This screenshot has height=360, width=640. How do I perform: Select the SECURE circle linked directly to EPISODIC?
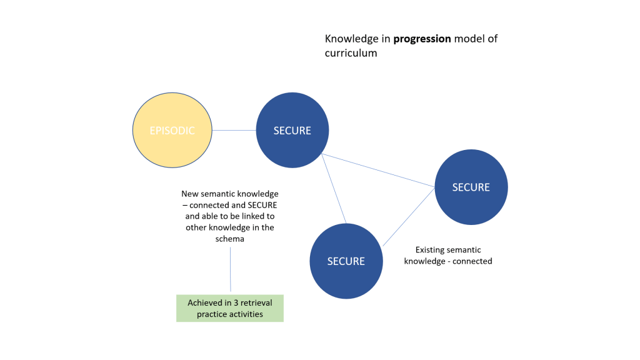click(292, 131)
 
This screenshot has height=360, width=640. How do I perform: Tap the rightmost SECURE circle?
click(471, 187)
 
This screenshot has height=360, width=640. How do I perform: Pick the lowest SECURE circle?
click(346, 261)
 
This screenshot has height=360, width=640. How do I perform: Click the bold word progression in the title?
click(422, 39)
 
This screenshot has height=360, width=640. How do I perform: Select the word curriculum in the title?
click(351, 53)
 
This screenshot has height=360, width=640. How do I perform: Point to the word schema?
click(230, 239)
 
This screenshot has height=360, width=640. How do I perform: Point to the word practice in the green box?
click(211, 314)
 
